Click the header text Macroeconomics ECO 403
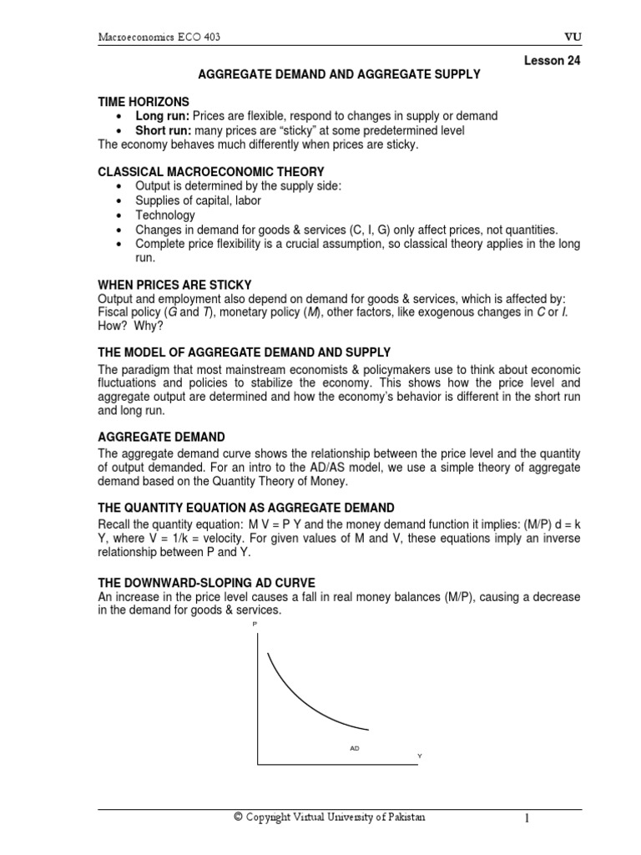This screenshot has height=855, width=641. [160, 37]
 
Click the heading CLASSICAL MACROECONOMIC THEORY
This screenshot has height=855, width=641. [211, 172]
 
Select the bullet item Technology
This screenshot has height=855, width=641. [165, 215]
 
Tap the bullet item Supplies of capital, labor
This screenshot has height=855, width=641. [199, 201]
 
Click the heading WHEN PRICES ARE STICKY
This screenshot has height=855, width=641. [174, 286]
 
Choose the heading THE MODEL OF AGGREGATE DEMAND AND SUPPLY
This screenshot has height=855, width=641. [244, 352]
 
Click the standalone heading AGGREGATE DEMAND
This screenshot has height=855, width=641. [161, 438]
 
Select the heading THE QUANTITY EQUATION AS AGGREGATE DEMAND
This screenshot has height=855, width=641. [246, 508]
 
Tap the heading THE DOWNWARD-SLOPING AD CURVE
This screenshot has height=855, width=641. [206, 582]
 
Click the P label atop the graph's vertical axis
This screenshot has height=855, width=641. [255, 624]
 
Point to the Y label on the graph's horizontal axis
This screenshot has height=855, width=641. [420, 756]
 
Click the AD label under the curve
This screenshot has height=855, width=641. [355, 748]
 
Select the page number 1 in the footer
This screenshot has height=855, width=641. [527, 819]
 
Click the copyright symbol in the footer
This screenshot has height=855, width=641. [238, 818]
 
